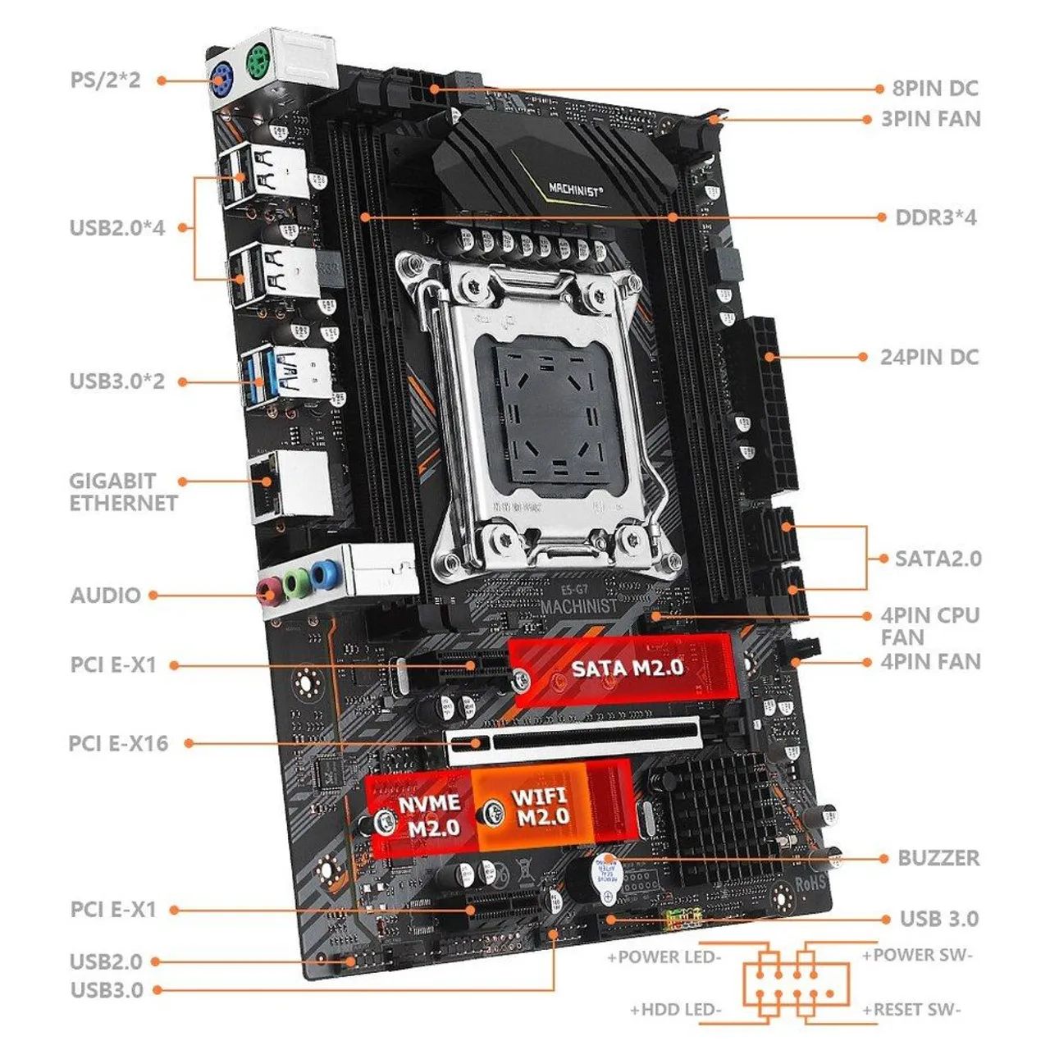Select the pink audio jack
(x=267, y=589)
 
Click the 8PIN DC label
(x=936, y=89)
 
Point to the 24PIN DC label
(x=929, y=358)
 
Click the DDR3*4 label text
(x=936, y=218)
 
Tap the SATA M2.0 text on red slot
(x=628, y=668)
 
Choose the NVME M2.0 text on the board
(x=429, y=815)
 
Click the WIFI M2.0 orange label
(x=541, y=806)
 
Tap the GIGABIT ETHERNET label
(x=123, y=492)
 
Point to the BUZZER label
(x=938, y=858)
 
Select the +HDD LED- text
(x=676, y=1010)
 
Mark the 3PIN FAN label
(x=931, y=119)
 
